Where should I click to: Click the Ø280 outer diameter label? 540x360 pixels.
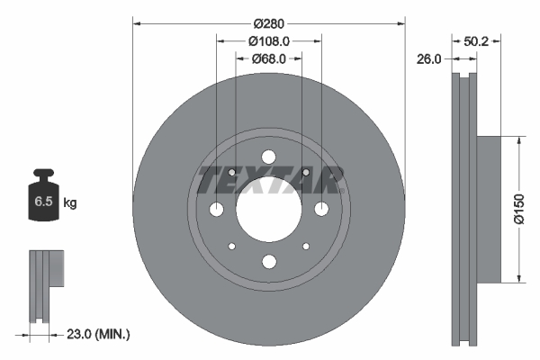[x=268, y=22]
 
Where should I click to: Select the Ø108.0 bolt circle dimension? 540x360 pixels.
[x=268, y=40]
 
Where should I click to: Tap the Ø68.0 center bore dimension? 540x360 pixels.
[x=268, y=58]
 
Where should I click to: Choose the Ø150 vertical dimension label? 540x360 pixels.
[x=518, y=209]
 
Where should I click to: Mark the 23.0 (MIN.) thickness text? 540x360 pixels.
[x=99, y=334]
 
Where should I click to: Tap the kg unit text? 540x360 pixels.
[x=69, y=203]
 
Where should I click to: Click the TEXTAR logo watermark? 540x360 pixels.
[x=269, y=181]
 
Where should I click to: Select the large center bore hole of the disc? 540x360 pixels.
[x=268, y=209]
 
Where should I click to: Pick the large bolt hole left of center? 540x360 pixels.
[x=216, y=209]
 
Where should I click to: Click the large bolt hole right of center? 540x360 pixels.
[x=321, y=209]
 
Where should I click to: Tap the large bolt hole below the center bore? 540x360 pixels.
[x=268, y=262]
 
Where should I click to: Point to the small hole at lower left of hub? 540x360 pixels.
[x=231, y=246]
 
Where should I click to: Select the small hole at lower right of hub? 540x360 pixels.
[x=306, y=246]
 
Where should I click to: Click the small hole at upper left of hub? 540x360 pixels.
[x=231, y=172]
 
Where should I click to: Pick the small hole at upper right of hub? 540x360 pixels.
[x=306, y=172]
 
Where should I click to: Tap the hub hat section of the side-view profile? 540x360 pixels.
[x=485, y=209]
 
